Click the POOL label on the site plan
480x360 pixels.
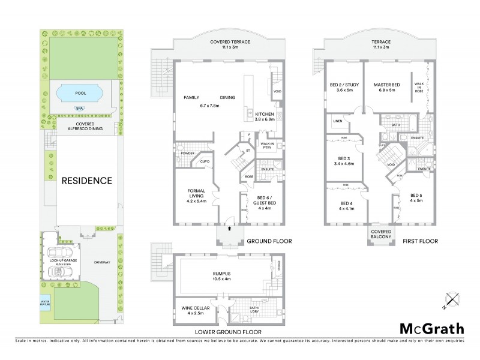coord(79,94)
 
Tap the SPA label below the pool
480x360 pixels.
coord(79,109)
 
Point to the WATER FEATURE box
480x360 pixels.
coord(45,303)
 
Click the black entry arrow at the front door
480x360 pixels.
coord(228,229)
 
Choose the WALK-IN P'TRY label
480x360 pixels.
coord(267,146)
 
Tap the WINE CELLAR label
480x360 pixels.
coord(193,310)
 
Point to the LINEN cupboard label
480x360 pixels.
coord(338,122)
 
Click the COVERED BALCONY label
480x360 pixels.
coord(381,234)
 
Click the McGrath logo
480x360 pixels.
coord(431,328)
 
